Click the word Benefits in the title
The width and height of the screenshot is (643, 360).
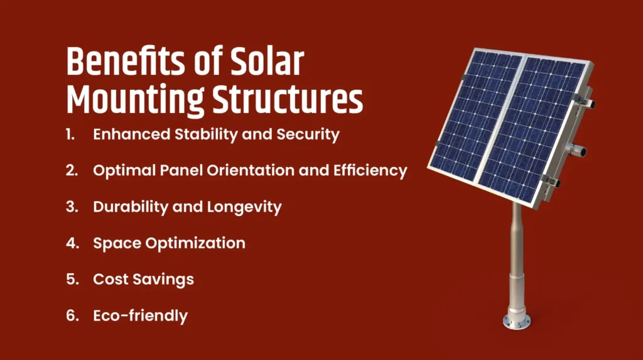[x=126, y=62]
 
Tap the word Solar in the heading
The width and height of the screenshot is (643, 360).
[x=267, y=62]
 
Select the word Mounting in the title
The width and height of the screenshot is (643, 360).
[x=135, y=99]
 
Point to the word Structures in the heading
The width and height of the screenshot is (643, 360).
[x=288, y=99]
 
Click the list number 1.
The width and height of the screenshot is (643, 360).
[x=70, y=134]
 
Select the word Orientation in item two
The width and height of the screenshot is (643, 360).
[x=250, y=170]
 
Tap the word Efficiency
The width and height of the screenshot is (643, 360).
[x=370, y=171]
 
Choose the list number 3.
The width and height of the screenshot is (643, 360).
[x=72, y=207]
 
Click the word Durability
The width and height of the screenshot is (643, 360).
[x=131, y=207]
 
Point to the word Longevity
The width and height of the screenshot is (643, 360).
[x=244, y=207]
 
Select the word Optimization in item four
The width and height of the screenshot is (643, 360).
[x=195, y=243]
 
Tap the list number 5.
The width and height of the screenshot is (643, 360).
[x=72, y=279]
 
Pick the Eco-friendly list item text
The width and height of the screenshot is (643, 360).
[x=140, y=315]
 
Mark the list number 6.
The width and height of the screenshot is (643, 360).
[x=72, y=315]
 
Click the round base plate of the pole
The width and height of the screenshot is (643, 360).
[x=516, y=322]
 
